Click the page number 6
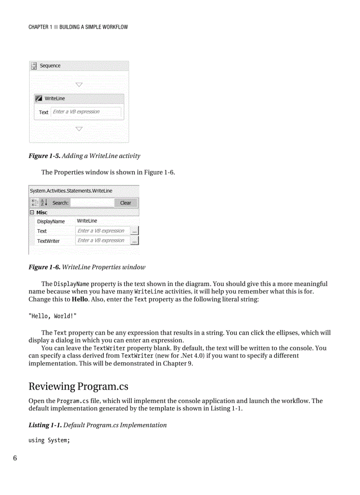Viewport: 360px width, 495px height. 15,458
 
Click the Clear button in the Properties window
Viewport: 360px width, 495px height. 126,203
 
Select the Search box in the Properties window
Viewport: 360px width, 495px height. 92,203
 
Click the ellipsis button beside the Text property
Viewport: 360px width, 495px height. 135,231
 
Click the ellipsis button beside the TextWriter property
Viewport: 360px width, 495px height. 135,241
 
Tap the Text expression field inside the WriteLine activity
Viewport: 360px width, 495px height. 86,112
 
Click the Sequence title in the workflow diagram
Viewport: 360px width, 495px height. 50,66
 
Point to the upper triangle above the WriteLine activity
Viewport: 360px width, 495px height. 79,84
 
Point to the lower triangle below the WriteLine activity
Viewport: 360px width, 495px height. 79,129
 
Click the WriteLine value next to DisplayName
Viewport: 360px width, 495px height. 87,221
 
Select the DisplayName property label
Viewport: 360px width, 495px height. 51,221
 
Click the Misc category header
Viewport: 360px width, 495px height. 42,212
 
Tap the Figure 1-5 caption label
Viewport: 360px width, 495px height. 44,156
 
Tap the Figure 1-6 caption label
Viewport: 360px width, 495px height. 44,267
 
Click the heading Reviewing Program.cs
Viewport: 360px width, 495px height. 78,387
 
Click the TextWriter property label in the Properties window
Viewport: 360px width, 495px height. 48,241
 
